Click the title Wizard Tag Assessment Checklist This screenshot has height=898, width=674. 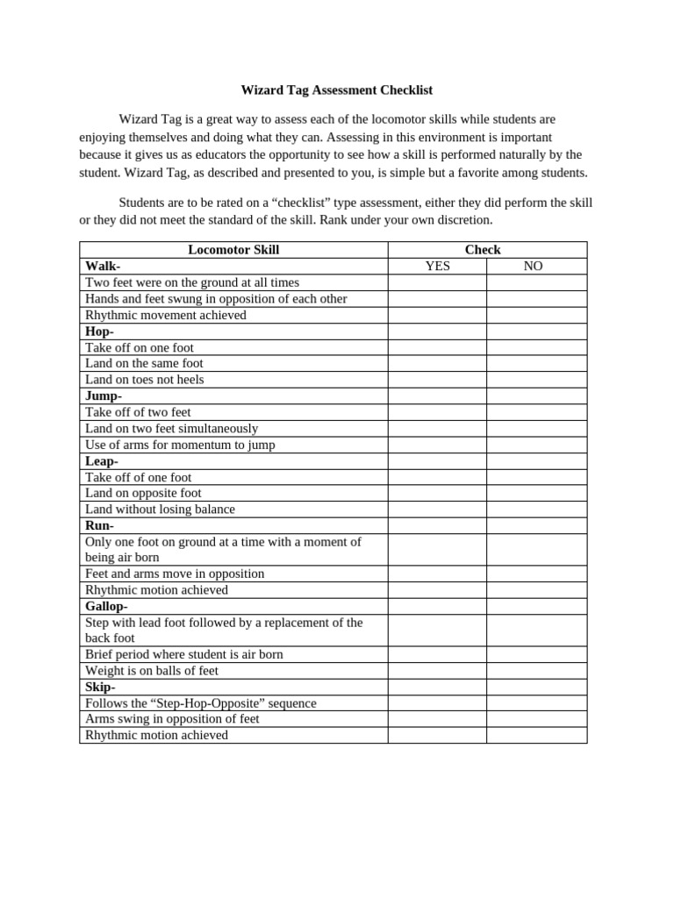tap(337, 90)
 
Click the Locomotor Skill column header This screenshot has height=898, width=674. tap(233, 250)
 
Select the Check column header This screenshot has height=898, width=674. tap(483, 250)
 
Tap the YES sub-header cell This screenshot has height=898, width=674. tap(437, 266)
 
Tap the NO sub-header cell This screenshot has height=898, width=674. tap(533, 266)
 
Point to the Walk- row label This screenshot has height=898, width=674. tap(103, 266)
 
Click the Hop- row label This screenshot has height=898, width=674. tap(99, 331)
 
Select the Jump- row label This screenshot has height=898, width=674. tap(103, 396)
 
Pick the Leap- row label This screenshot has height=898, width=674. tap(101, 461)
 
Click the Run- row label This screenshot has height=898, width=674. tap(99, 525)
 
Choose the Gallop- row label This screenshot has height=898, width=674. tap(106, 606)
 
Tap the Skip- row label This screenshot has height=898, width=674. tap(100, 687)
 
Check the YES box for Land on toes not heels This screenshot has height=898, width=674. tap(437, 380)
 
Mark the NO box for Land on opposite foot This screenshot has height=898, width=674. tap(536, 493)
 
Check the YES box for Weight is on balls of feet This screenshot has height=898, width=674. tap(437, 671)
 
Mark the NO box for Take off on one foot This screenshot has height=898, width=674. tap(536, 347)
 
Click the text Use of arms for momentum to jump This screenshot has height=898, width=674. tap(180, 445)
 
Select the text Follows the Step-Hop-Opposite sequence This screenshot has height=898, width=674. tap(200, 703)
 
